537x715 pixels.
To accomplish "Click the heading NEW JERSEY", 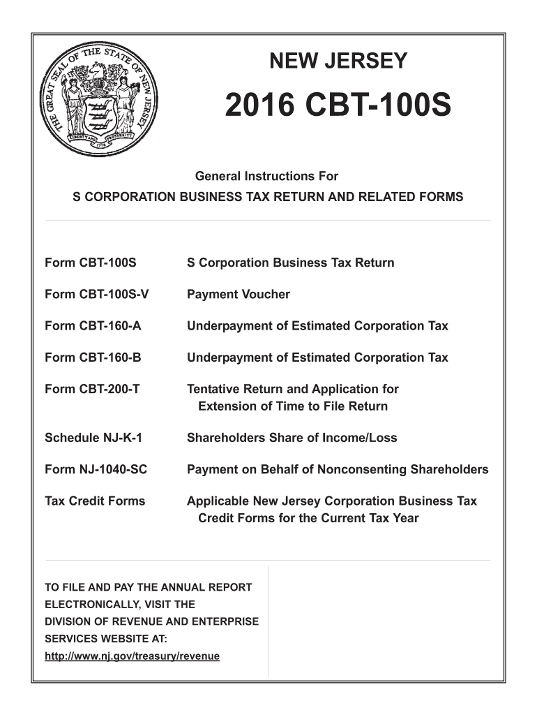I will coord(338,61).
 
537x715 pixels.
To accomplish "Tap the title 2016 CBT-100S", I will coord(338,107).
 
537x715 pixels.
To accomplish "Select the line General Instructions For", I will coord(268,177).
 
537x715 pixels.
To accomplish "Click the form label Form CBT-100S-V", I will coord(97,295).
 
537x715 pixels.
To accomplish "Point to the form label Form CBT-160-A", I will coord(93,326).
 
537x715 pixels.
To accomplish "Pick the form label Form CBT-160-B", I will coord(93,357).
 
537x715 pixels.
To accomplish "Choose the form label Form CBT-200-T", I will coord(92,389).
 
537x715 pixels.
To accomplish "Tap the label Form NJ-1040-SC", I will coord(96,469).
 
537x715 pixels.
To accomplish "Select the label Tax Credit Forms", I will coord(95,501).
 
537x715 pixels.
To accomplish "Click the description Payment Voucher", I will coord(238,295).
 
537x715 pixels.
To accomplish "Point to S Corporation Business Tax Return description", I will coord(290,263).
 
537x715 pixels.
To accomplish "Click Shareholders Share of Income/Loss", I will coord(292,438).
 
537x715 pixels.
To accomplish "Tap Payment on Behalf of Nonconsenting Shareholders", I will coord(338,469).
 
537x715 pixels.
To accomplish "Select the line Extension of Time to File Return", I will coord(293,406).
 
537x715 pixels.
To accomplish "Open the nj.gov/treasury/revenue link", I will coord(132,656).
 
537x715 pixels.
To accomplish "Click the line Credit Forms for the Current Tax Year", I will coord(308,518).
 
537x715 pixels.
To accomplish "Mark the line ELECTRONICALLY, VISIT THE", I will coord(119,605).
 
